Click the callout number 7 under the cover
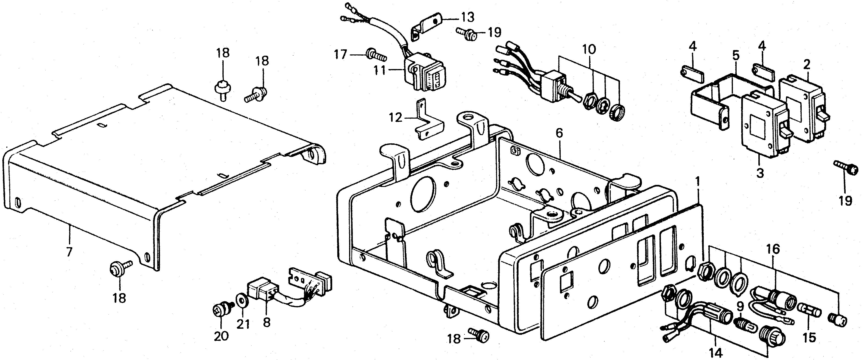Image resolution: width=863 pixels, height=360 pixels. click(x=69, y=251)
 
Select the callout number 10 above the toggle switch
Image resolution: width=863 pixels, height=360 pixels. click(x=589, y=50)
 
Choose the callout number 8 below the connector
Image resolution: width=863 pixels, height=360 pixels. click(x=267, y=322)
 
